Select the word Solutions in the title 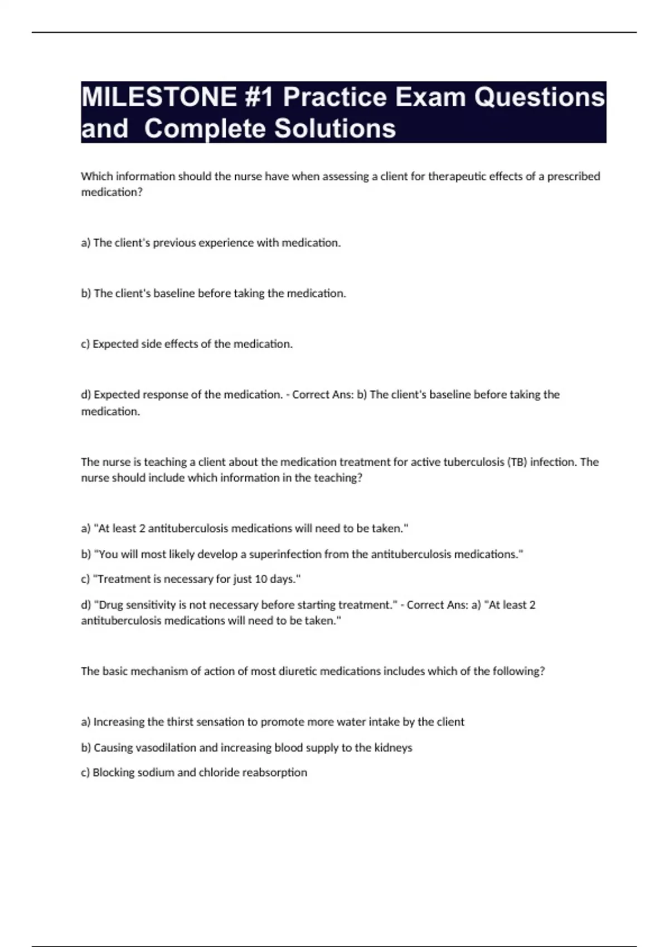coord(335,129)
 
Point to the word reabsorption coord(275,773)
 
